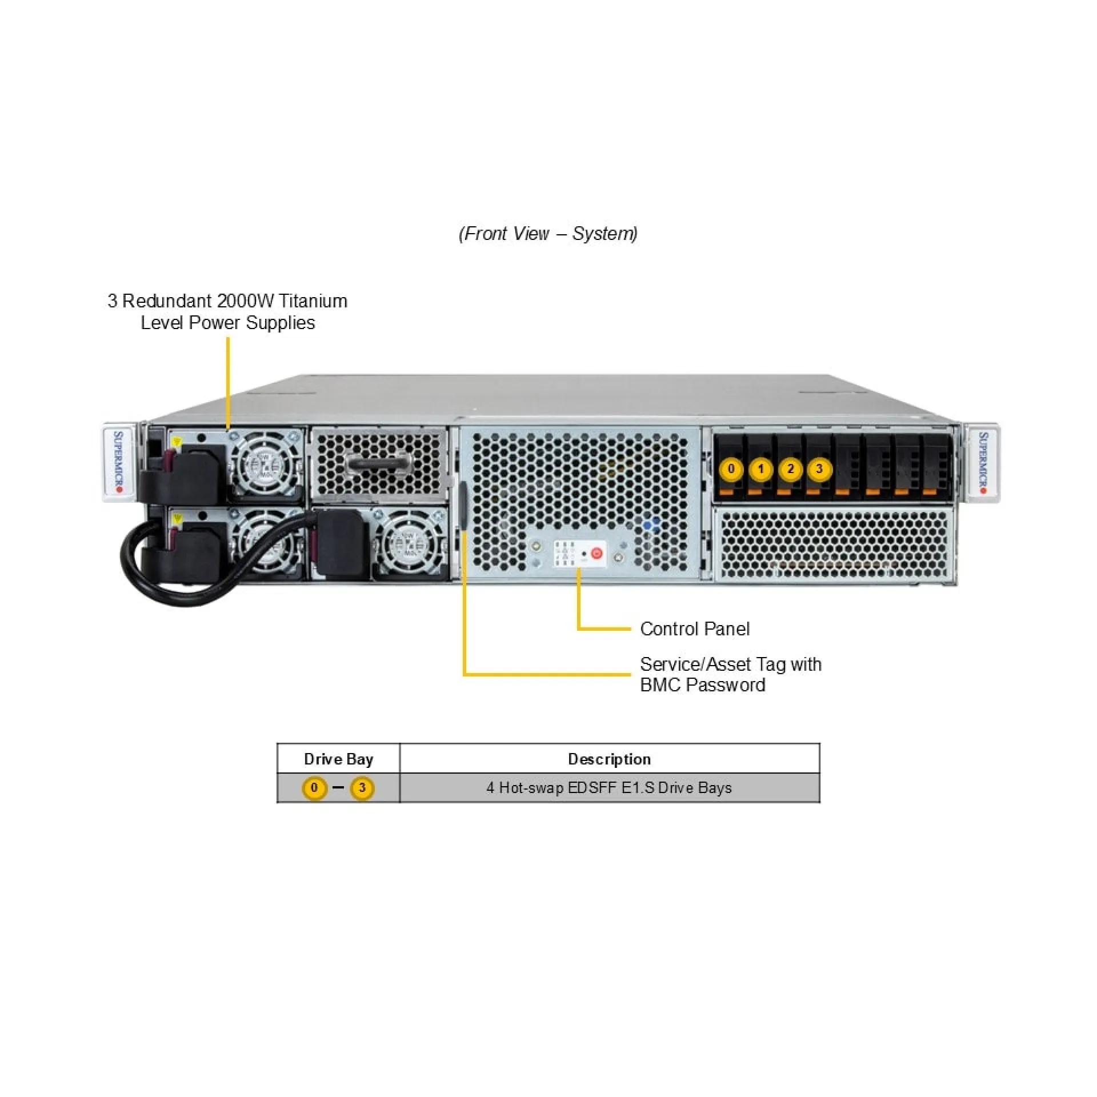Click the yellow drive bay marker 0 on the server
(x=731, y=470)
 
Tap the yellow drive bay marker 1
(x=760, y=470)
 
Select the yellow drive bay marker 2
(x=790, y=470)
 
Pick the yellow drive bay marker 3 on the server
(x=819, y=470)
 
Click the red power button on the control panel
(x=596, y=553)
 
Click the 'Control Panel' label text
(x=694, y=629)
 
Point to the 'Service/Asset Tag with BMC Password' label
(x=730, y=674)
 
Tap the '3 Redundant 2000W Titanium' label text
(x=227, y=301)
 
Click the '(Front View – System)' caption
(x=548, y=234)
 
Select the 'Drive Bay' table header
(x=338, y=759)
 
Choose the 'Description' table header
(x=609, y=759)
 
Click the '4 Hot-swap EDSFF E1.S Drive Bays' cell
(x=609, y=788)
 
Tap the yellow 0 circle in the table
(x=314, y=788)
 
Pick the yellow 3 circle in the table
(x=362, y=788)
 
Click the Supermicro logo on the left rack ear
(x=119, y=463)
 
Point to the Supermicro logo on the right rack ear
(x=983, y=463)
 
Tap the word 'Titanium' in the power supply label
(x=313, y=301)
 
